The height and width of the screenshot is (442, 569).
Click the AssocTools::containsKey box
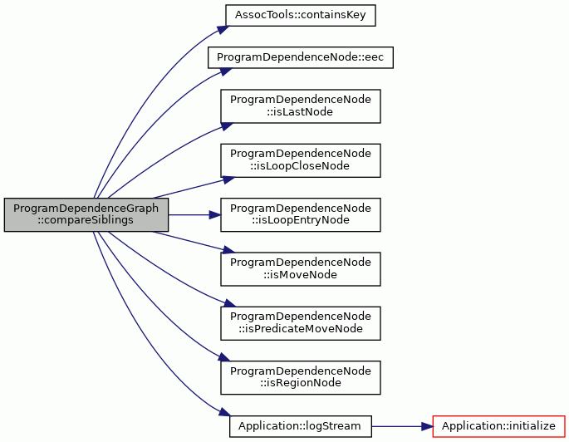tap(301, 15)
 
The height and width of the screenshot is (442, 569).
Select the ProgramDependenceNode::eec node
tap(301, 57)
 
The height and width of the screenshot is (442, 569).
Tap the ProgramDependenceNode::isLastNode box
tap(301, 106)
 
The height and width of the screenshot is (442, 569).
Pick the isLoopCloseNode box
tap(301, 160)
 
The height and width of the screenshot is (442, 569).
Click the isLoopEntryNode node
tap(301, 215)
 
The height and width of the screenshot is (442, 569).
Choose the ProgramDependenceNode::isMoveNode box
tap(301, 269)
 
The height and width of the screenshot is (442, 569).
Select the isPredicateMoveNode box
tap(301, 323)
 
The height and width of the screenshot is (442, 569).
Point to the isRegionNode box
tap(301, 377)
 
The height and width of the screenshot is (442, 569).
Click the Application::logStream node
tap(301, 426)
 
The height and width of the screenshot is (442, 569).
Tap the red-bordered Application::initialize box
tap(499, 426)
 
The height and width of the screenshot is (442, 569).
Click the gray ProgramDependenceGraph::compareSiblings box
tap(86, 215)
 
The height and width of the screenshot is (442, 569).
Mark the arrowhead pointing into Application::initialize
tap(427, 426)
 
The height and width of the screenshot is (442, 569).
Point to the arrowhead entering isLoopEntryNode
tap(215, 215)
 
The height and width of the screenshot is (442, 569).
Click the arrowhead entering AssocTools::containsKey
tap(223, 30)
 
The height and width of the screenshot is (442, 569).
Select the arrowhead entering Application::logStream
tap(225, 412)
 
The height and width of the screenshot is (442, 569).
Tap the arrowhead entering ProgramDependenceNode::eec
tap(226, 71)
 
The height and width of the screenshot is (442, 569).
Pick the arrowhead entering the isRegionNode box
tap(224, 357)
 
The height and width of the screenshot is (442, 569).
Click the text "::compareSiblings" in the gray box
tap(86, 220)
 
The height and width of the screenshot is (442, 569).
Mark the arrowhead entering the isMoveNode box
tap(228, 250)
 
